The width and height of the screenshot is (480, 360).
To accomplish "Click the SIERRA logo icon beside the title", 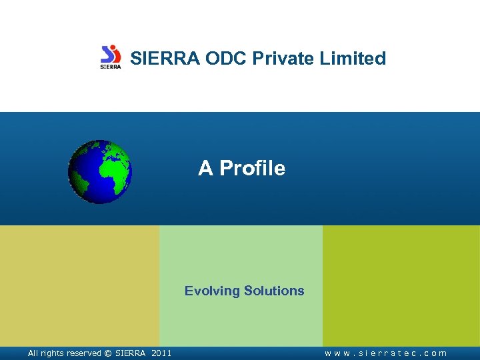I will coord(111,57).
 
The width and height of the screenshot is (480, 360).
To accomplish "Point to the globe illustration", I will coord(100,171).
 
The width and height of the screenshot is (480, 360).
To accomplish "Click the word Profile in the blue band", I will coord(252,169).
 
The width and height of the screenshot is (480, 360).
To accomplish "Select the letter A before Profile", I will coord(205,169).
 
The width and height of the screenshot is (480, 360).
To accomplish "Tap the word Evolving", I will coord(213,291).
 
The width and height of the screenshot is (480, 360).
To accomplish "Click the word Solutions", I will coord(274,291).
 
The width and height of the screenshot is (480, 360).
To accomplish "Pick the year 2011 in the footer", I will coord(161,353).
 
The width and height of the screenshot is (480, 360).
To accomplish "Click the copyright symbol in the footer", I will coord(107,353).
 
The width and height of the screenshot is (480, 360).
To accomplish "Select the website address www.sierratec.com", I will coord(386,353).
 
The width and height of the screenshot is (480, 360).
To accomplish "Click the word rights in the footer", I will coord(51,353).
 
